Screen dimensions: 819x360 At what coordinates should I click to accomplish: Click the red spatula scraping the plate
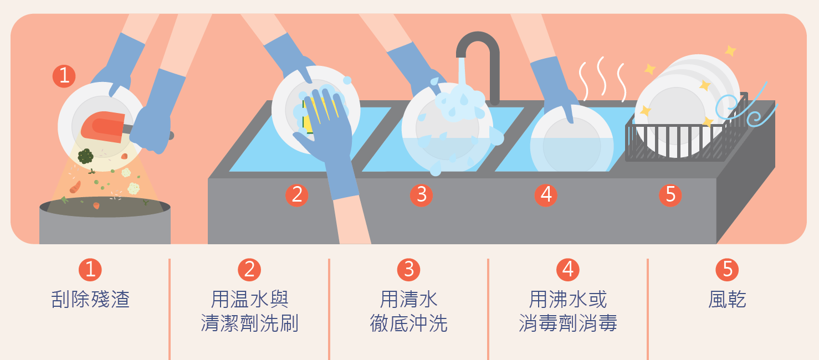(104, 126)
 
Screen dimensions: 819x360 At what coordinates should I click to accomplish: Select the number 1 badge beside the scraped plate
(64, 76)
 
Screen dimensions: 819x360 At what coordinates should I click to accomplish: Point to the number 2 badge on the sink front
(297, 195)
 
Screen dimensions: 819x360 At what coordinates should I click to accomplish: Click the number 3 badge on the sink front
(421, 195)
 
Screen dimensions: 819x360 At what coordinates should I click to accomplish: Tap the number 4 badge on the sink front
(546, 195)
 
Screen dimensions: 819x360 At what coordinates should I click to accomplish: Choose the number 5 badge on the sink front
(670, 195)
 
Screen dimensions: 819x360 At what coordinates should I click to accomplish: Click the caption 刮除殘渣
(90, 299)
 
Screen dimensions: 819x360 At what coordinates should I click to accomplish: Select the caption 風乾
(727, 299)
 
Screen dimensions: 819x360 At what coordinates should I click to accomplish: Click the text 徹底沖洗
(408, 323)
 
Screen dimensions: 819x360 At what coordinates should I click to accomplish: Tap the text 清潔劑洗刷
(249, 323)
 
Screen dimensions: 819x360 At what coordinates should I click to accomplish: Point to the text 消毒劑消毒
(568, 323)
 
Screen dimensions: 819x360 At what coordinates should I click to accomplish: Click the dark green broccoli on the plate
(85, 156)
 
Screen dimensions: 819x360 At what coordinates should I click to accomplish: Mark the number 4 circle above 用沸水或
(568, 270)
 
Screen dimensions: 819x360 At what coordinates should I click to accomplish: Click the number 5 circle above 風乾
(727, 270)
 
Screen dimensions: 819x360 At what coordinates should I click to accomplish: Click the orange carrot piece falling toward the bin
(75, 187)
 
